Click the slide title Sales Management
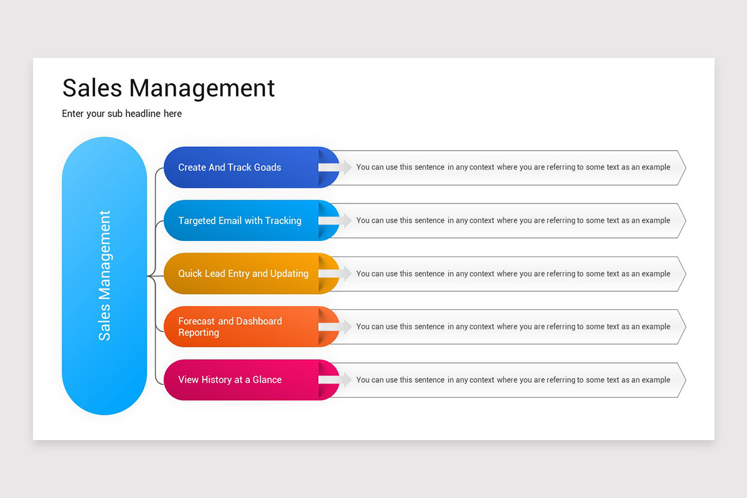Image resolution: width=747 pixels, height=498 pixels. coord(168,88)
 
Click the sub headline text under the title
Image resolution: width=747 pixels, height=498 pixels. coord(122,114)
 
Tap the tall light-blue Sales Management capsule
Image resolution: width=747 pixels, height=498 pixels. coord(105,276)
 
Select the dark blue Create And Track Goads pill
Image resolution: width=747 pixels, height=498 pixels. coord(243,167)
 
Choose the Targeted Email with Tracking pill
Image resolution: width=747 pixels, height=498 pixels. coord(243,220)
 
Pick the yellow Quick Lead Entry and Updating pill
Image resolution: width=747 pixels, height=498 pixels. coord(243,273)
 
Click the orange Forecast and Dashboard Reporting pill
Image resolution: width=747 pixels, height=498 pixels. coord(243,327)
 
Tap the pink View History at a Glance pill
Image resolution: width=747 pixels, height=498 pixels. coord(243,380)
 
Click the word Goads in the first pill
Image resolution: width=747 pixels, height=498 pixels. coord(268,167)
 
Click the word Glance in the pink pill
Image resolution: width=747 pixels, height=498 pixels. coord(267,380)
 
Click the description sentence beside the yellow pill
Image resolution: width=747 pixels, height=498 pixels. coord(513,274)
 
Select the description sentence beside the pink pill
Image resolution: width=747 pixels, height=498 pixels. coord(513,380)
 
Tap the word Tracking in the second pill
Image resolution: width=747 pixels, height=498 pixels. coord(283,220)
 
